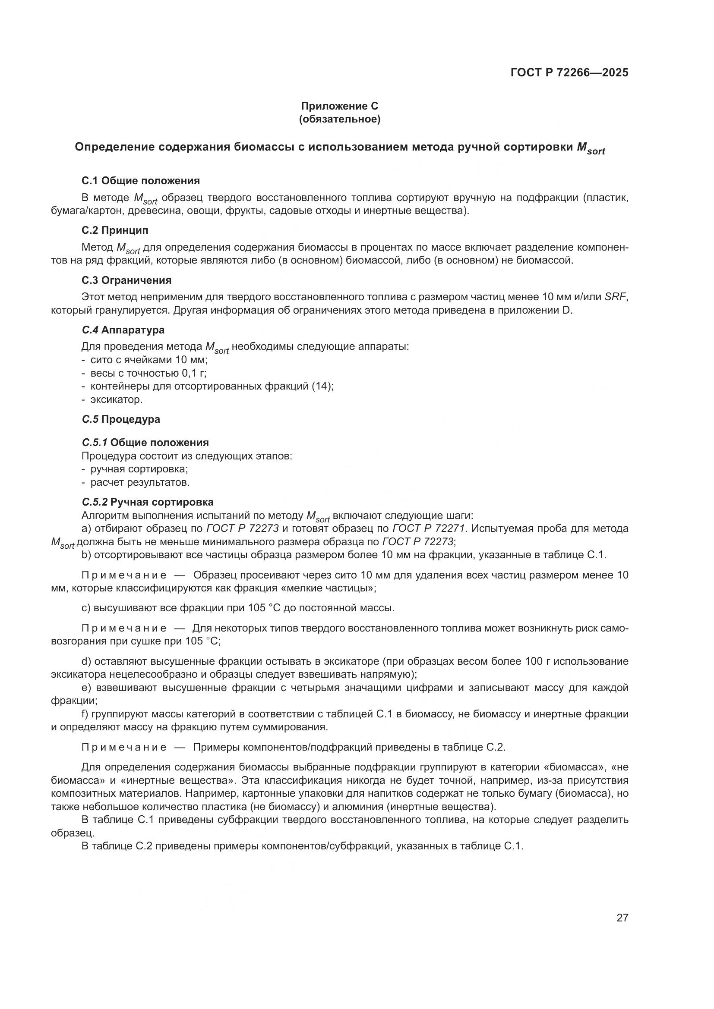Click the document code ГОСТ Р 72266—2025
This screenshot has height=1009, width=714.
click(569, 73)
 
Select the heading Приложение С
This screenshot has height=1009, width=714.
click(339, 106)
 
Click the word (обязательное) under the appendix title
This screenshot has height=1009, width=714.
click(339, 119)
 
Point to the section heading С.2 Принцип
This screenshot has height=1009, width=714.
click(115, 230)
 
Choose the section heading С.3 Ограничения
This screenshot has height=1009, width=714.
click(126, 280)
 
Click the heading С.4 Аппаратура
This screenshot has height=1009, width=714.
click(123, 330)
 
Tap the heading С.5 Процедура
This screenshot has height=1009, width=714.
click(121, 419)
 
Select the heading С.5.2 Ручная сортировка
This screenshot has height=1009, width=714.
click(148, 502)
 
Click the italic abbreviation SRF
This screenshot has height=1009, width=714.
click(615, 297)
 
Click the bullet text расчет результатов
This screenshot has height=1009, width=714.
click(140, 483)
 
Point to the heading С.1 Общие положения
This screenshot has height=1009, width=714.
click(141, 181)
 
